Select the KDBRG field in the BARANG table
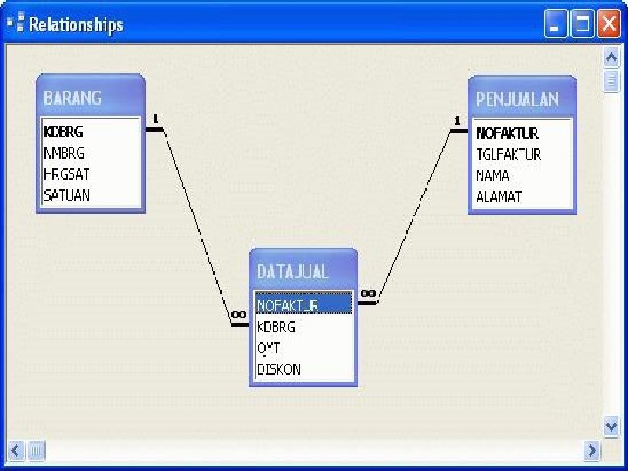point(64,132)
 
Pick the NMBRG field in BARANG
point(64,153)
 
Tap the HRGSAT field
point(66,174)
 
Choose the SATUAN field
point(66,195)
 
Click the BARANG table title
point(73,98)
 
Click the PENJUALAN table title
point(517,99)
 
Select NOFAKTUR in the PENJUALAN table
point(508,133)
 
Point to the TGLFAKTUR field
point(509,154)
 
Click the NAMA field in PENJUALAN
point(493,175)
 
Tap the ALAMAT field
point(499,196)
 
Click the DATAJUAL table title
point(292,271)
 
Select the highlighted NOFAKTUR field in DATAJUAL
point(288,306)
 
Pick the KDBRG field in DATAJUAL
point(276,327)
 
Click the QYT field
point(269,348)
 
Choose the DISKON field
point(279,369)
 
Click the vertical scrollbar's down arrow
point(611,426)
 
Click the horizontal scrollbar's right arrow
point(592,451)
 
